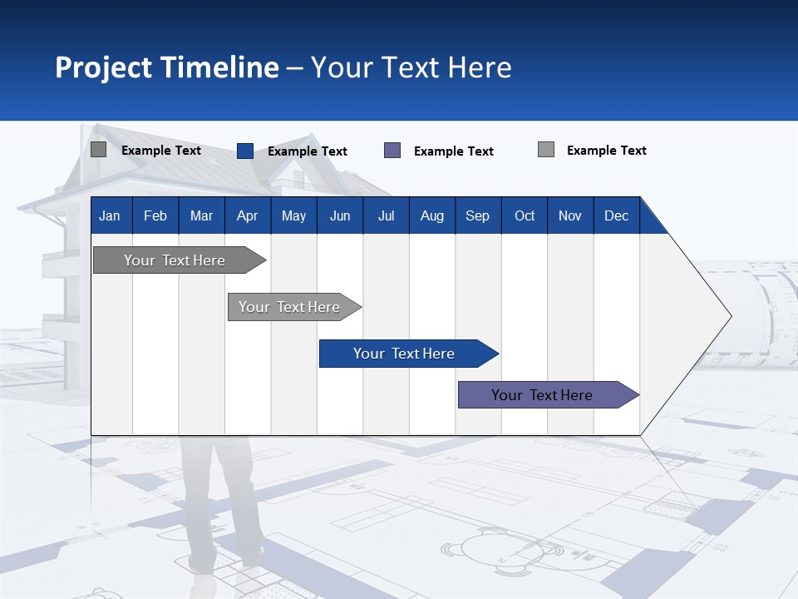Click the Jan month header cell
coord(111,215)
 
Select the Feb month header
coord(155,215)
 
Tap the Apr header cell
coord(247,215)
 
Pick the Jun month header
coord(340,215)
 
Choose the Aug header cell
coord(431,215)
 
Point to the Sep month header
coord(477,215)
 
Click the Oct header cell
coord(525,215)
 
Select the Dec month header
coord(616,215)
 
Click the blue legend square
coord(245,151)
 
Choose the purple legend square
coord(392,151)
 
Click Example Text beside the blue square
coord(307,151)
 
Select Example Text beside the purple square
coord(453,151)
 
